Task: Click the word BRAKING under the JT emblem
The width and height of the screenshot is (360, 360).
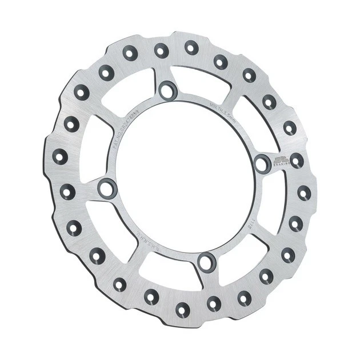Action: (279, 165)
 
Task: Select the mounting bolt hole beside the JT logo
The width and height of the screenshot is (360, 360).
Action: (262, 164)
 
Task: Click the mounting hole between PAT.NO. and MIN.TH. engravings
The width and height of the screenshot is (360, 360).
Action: (168, 90)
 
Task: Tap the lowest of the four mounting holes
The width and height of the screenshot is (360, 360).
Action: (206, 263)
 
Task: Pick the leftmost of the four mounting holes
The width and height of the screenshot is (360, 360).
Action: (106, 187)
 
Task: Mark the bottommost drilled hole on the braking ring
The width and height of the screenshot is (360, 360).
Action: (183, 310)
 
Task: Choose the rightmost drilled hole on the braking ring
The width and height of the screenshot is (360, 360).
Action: (304, 193)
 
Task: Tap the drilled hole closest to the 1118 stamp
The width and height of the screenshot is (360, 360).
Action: (295, 223)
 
